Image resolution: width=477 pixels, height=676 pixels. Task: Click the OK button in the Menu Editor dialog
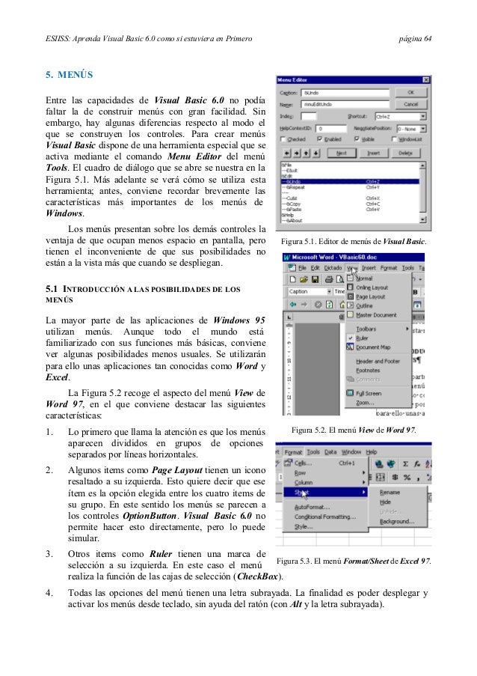click(410, 93)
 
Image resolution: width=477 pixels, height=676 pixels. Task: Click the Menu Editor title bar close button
click(425, 79)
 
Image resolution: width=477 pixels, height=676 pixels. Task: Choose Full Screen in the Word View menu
click(368, 392)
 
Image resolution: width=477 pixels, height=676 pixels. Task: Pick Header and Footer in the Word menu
click(378, 361)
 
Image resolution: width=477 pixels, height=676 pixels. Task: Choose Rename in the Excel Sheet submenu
click(390, 492)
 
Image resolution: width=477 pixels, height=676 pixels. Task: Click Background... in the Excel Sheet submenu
click(396, 521)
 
